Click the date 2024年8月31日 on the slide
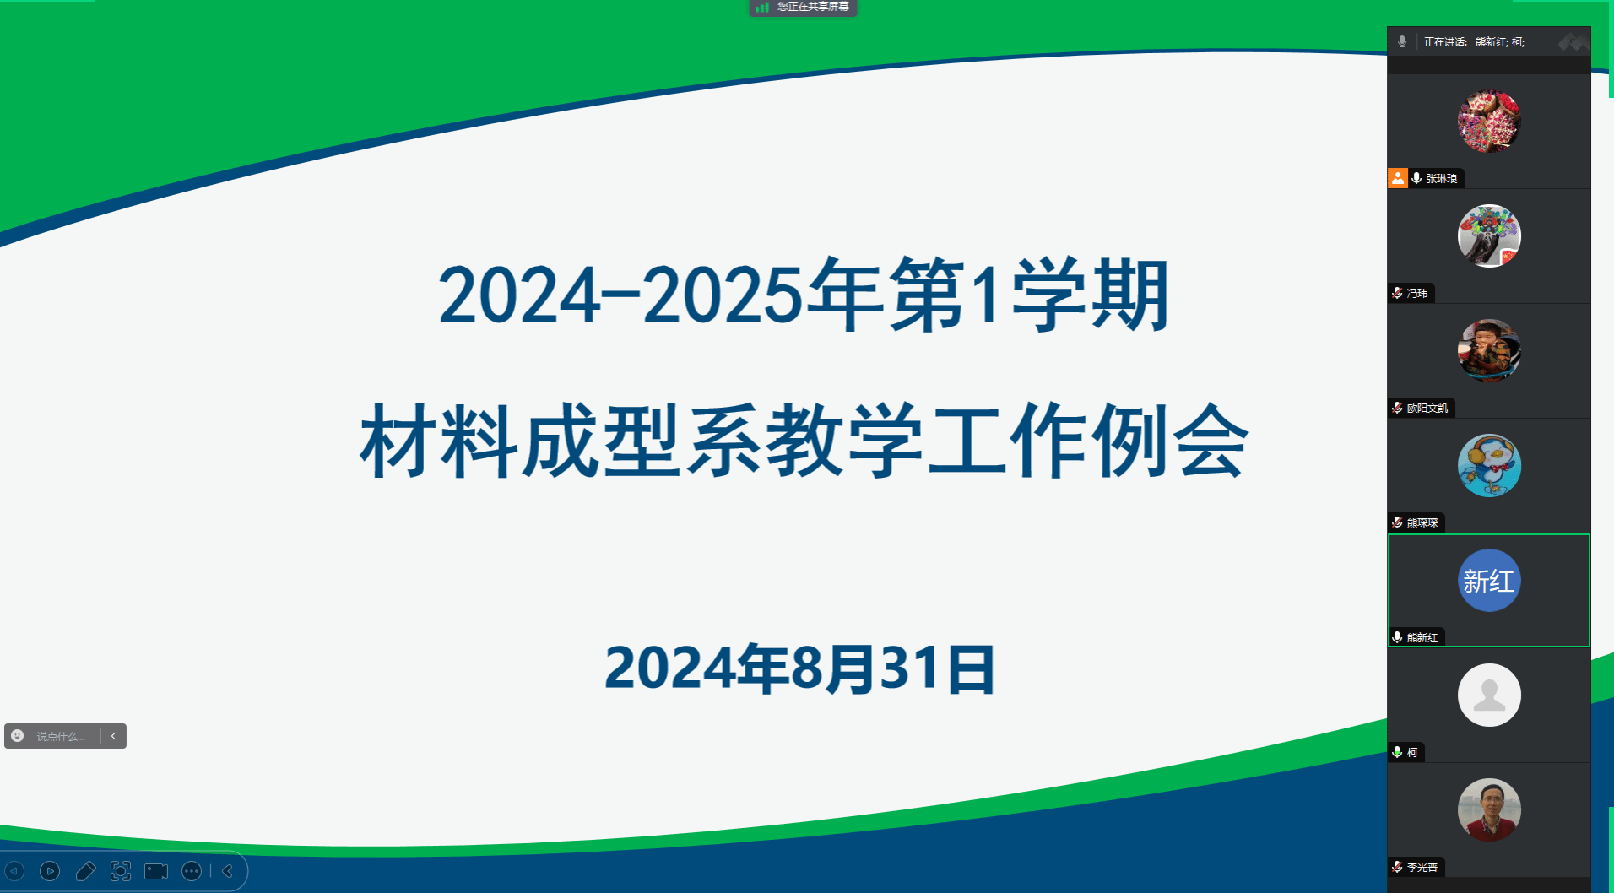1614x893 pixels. (800, 668)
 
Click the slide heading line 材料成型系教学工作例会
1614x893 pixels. (804, 441)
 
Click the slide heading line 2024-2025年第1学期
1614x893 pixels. (804, 295)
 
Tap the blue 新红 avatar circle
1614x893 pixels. (1489, 581)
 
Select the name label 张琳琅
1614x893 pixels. (1441, 178)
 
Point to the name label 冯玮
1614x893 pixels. (1417, 293)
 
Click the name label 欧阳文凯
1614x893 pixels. (1427, 408)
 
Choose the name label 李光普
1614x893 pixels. (1422, 867)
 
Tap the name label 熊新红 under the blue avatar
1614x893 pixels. (1422, 637)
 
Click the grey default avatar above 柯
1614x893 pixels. (1489, 695)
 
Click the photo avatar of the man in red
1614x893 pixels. (1489, 810)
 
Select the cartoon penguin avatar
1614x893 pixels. (1489, 466)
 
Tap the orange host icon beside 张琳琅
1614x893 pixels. (1398, 178)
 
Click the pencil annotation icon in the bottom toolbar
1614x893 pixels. (85, 871)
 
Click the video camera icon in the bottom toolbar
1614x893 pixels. (156, 871)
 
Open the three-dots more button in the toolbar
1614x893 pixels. (192, 871)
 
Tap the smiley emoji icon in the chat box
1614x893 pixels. (17, 736)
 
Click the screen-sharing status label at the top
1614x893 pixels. (803, 8)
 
